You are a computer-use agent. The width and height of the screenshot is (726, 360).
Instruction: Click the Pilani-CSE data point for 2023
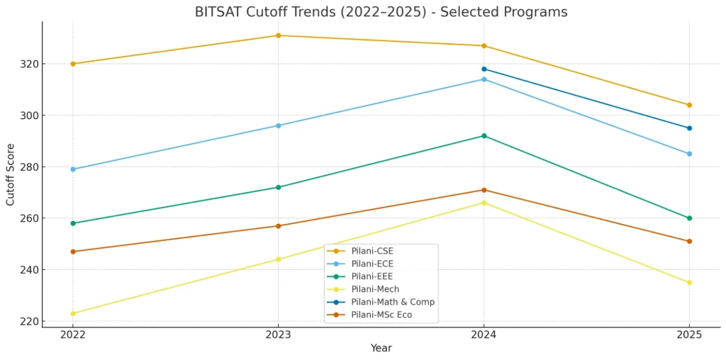point(278,35)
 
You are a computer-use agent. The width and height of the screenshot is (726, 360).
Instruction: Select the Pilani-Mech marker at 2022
point(73,313)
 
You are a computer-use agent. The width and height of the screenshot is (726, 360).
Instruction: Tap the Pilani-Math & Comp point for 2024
point(484,69)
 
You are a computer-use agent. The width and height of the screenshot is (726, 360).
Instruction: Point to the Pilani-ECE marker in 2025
point(689,154)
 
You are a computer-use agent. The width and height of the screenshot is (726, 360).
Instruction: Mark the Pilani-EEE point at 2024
point(484,136)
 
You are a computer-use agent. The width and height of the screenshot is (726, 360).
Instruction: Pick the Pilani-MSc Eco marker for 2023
point(278,226)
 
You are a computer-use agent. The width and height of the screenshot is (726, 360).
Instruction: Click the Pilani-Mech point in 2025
point(689,283)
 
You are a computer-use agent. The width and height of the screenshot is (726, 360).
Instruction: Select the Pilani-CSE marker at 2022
point(73,64)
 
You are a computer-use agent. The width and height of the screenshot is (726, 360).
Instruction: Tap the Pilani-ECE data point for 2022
point(73,169)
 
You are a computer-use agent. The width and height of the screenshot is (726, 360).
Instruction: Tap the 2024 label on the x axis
point(484,334)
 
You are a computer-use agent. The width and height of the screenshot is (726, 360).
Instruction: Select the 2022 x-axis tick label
point(73,334)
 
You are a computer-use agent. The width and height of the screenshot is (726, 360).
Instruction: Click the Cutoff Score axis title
point(11,174)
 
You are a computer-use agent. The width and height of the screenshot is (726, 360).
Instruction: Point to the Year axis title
point(381,348)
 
